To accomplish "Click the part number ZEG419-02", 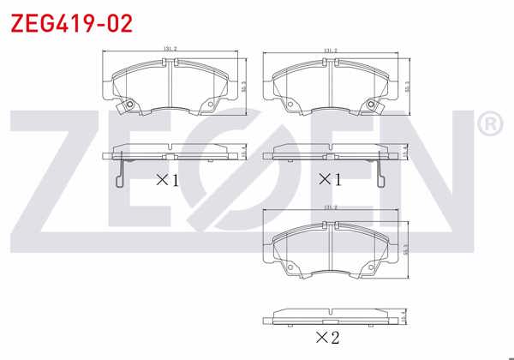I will (71, 23).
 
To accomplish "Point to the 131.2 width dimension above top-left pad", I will (170, 49).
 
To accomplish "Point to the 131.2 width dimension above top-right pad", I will (330, 51).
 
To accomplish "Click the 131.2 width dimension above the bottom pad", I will (330, 207).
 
